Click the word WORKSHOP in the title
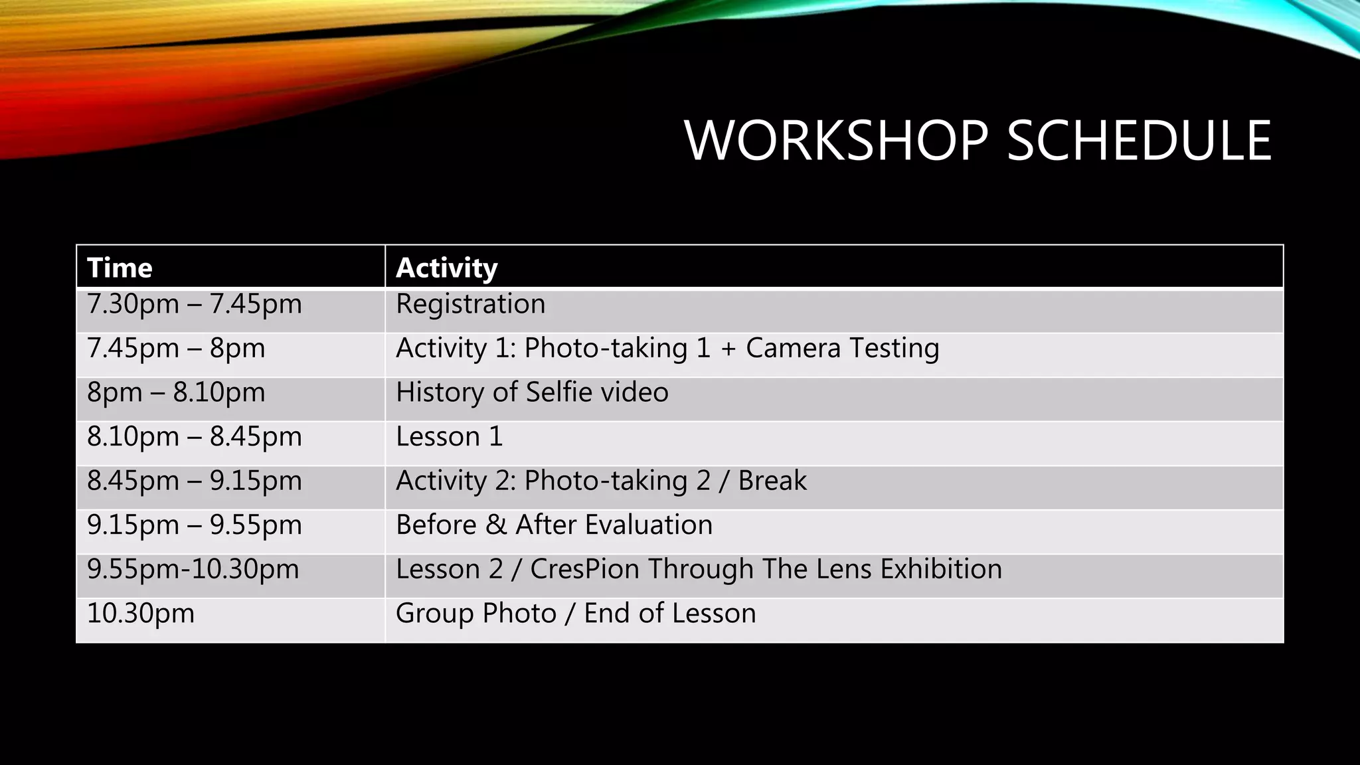point(838,141)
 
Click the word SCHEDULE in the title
point(1139,141)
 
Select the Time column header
point(120,268)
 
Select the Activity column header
point(446,268)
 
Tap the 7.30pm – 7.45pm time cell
point(195,304)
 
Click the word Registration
point(470,304)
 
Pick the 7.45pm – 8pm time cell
point(176,348)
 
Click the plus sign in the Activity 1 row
point(728,349)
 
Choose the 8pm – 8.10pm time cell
point(176,392)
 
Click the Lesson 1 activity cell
point(450,436)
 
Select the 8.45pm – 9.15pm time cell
point(195,481)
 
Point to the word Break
point(772,481)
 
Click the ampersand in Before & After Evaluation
point(495,525)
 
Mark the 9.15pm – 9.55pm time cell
point(195,525)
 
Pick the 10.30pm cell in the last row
point(141,614)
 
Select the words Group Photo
point(475,614)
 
